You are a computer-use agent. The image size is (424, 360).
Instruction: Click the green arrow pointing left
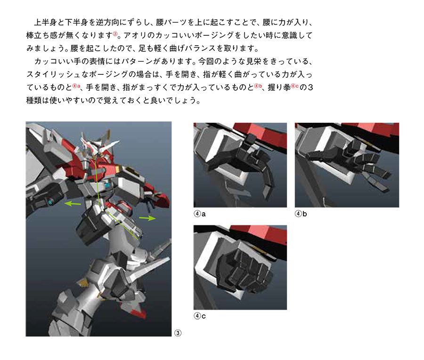(72, 203)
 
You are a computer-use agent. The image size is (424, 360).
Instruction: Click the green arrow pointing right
(147, 218)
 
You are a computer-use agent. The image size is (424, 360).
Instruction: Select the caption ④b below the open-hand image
(301, 214)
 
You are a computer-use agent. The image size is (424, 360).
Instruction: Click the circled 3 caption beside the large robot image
(178, 333)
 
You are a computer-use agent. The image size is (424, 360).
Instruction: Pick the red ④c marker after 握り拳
(295, 86)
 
